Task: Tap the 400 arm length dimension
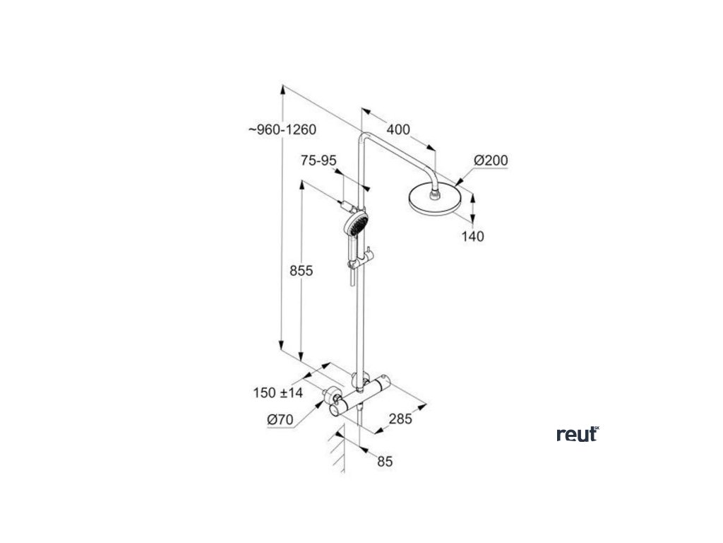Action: pyautogui.click(x=399, y=130)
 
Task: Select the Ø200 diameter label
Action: pyautogui.click(x=491, y=161)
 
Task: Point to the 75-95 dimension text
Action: pyautogui.click(x=318, y=161)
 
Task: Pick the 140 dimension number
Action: pyautogui.click(x=473, y=237)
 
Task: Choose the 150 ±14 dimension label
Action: pyautogui.click(x=277, y=392)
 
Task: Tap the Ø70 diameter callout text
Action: pyautogui.click(x=280, y=420)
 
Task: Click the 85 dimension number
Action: pyautogui.click(x=385, y=462)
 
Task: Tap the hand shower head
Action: pyautogui.click(x=354, y=225)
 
